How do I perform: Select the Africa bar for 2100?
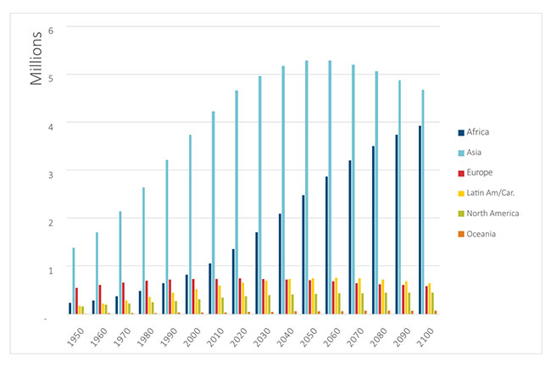419,220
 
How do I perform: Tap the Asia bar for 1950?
74,281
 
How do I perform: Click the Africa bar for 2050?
303,254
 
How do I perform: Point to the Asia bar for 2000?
190,225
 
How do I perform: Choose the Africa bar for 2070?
349,237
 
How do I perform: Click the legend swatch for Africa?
460,132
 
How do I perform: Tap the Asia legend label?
476,153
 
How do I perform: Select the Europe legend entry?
479,173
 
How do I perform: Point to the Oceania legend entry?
482,234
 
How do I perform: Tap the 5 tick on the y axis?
50,77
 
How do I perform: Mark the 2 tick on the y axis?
50,220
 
